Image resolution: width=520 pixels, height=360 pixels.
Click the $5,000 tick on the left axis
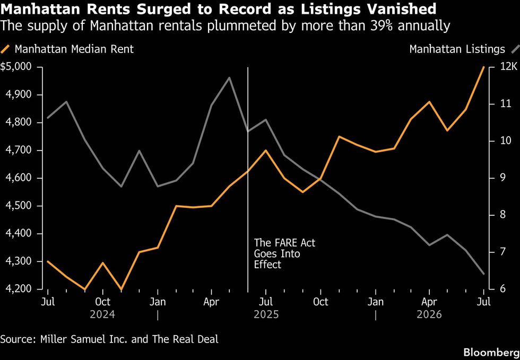[16, 67]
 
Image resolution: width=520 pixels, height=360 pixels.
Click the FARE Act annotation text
[284, 253]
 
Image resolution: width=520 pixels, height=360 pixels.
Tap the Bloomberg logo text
[491, 352]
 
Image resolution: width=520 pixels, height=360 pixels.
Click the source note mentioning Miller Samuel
[109, 339]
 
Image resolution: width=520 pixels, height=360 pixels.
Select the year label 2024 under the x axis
[102, 314]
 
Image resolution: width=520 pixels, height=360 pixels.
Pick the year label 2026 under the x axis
[429, 314]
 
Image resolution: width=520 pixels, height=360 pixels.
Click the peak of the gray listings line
[229, 77]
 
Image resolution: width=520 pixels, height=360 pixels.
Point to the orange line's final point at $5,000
[483, 67]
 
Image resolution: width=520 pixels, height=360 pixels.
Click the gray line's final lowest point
[483, 274]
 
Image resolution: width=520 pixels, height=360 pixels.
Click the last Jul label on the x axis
[483, 302]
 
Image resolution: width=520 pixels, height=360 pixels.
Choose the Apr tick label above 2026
[429, 302]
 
